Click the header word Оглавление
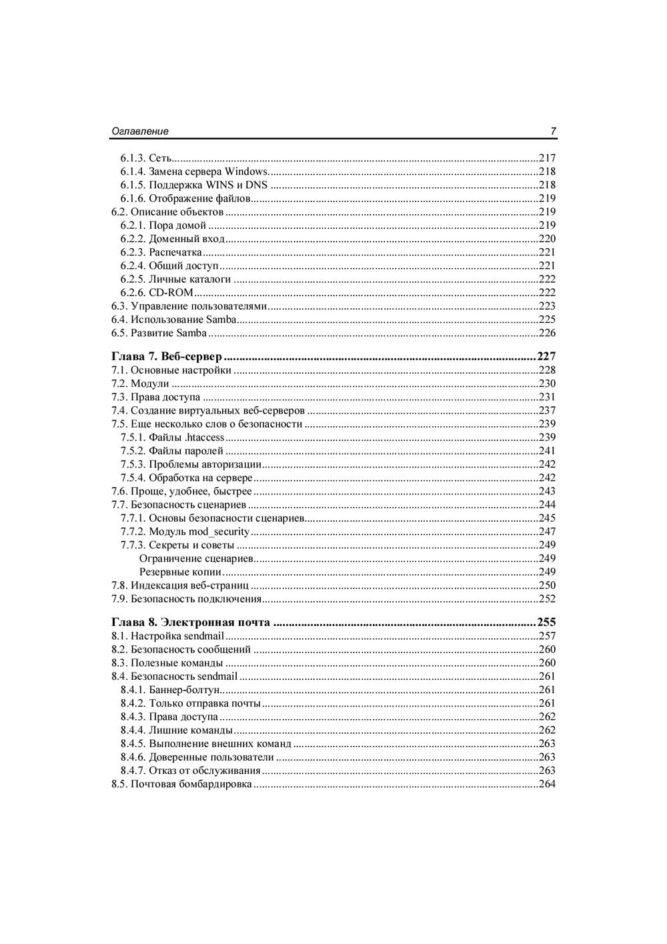(x=139, y=131)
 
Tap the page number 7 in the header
(x=553, y=131)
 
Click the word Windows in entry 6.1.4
(x=246, y=171)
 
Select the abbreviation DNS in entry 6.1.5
(x=257, y=185)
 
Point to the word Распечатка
(x=175, y=252)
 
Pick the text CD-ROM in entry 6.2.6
(x=171, y=292)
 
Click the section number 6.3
(x=119, y=306)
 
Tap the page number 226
(x=547, y=333)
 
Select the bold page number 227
(x=546, y=356)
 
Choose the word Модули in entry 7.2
(x=150, y=384)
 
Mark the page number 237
(x=547, y=410)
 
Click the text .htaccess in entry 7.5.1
(x=204, y=438)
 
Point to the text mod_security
(x=219, y=532)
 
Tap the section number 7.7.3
(x=133, y=545)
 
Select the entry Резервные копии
(x=180, y=572)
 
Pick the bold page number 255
(x=546, y=622)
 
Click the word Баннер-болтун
(x=184, y=690)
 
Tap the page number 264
(x=547, y=784)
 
